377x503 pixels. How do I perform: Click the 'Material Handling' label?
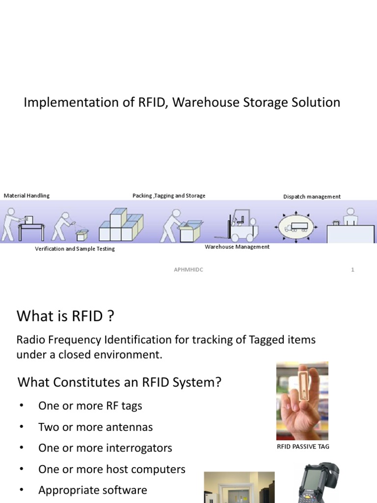[x=27, y=196]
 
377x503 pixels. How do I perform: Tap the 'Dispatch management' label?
[x=312, y=196]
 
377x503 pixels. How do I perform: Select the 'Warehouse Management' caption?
[x=237, y=247]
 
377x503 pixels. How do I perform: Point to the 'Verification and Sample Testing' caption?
[x=75, y=249]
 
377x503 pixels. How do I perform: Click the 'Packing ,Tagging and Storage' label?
[x=169, y=196]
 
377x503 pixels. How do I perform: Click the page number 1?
[x=352, y=269]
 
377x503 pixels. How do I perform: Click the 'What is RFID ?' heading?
[x=65, y=316]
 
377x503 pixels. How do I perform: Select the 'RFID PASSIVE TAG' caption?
[x=303, y=447]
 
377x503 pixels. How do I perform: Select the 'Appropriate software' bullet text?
[x=93, y=490]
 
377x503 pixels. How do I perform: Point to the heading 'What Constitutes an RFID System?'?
[x=119, y=382]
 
